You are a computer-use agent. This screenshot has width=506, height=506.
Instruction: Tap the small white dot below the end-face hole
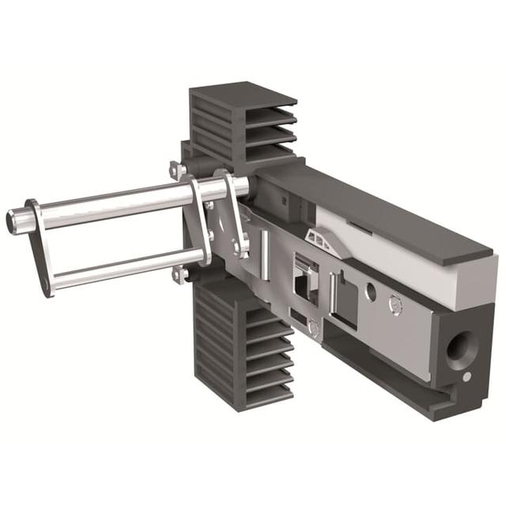tap(466, 377)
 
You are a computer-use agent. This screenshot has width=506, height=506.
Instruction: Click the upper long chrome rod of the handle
tap(119, 202)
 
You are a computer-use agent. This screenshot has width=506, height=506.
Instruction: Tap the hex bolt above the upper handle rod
tap(176, 169)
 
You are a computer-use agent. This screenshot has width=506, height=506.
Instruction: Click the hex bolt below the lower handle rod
tap(180, 274)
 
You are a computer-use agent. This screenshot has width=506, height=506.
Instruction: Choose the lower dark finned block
tap(241, 348)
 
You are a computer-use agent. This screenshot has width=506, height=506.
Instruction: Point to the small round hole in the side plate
tap(371, 291)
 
